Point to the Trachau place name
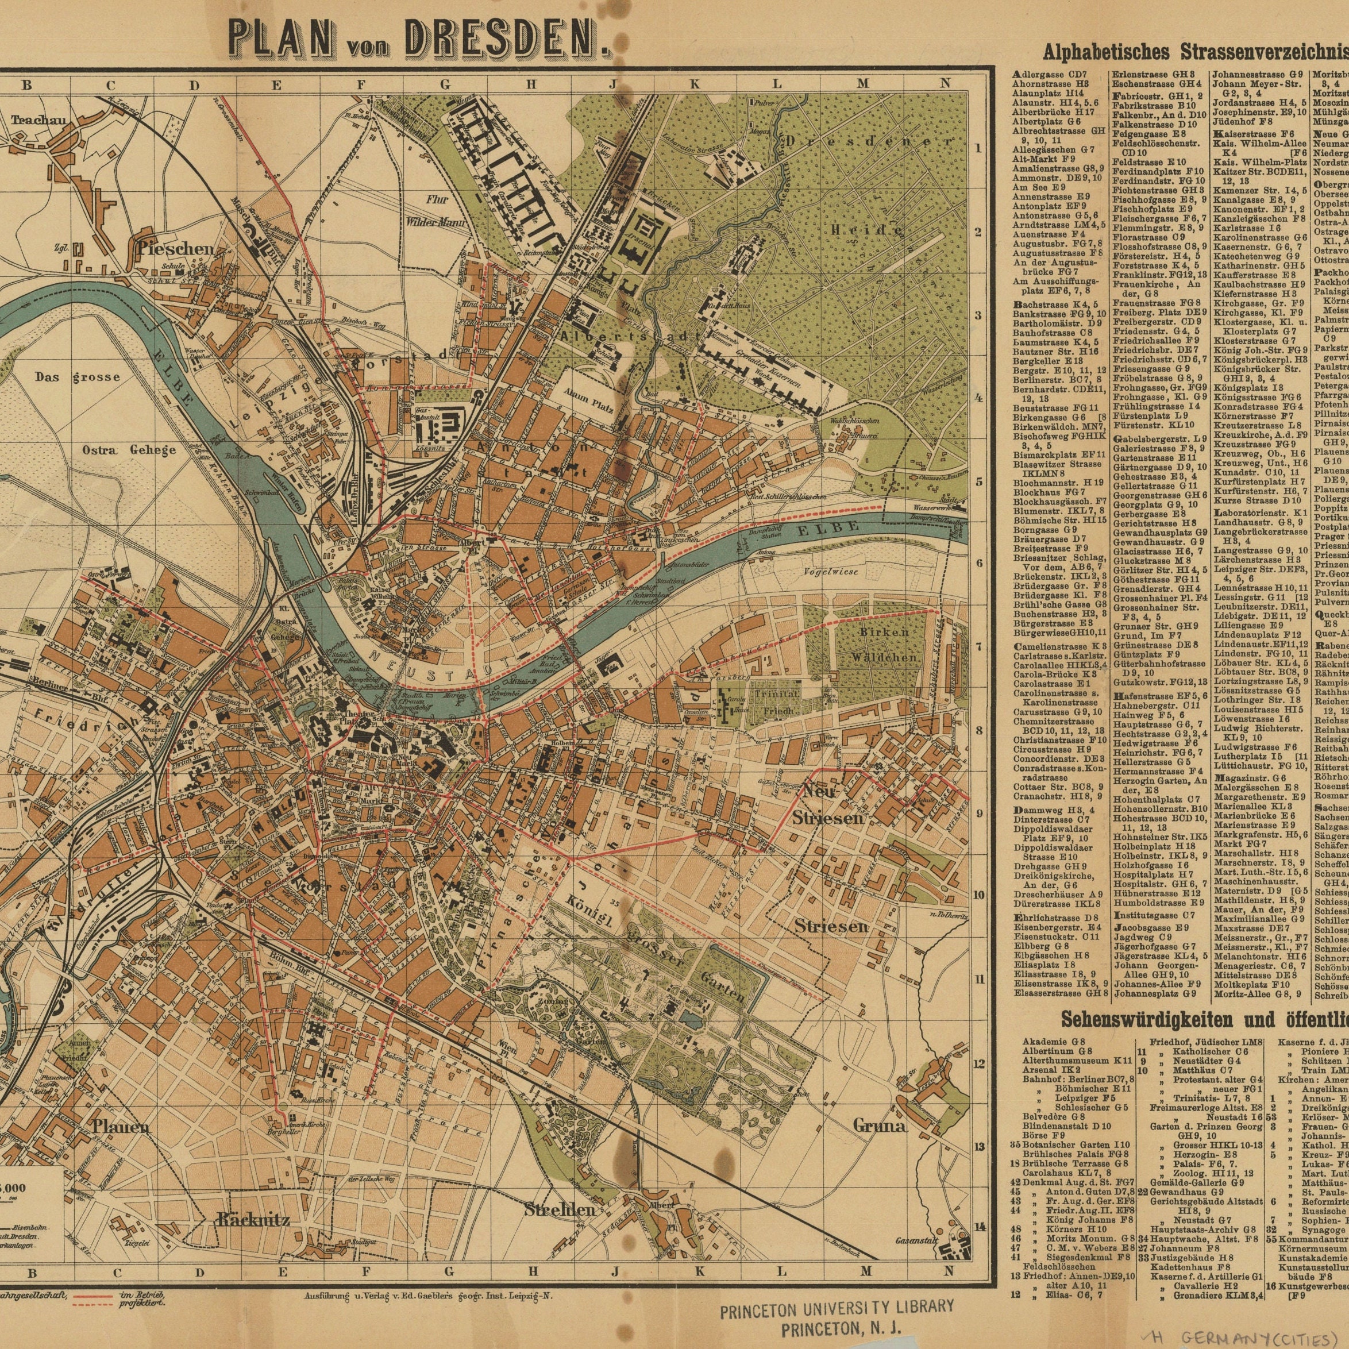[38, 120]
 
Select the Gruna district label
[879, 1126]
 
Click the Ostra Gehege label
[129, 450]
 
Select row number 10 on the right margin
[979, 895]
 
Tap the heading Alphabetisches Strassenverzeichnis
[1194, 52]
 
